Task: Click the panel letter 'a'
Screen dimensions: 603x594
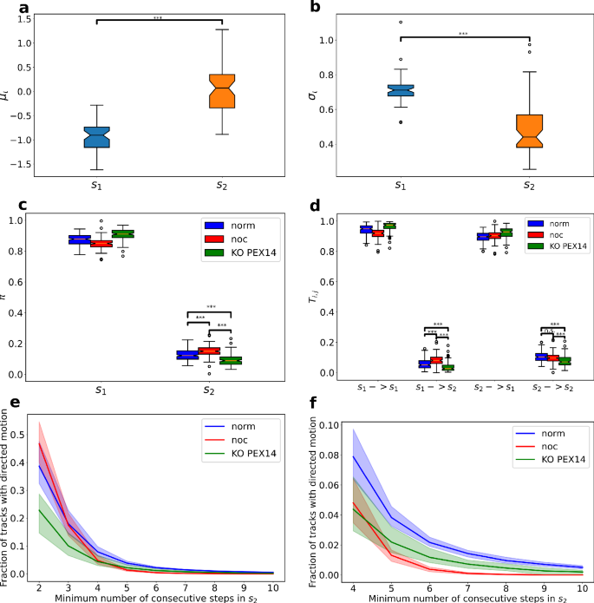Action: pyautogui.click(x=8, y=9)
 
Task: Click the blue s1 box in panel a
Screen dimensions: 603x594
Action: pyautogui.click(x=96, y=137)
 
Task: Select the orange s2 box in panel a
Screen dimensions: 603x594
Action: pyautogui.click(x=224, y=91)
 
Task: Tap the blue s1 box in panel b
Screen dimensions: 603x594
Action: pyautogui.click(x=400, y=90)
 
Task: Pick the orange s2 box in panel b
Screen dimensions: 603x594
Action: pyautogui.click(x=529, y=131)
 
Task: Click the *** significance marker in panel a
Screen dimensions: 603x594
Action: pyautogui.click(x=159, y=16)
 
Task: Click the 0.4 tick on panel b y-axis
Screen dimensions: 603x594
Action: pyautogui.click(x=330, y=144)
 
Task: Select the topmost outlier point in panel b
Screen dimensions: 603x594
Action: pyautogui.click(x=400, y=23)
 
